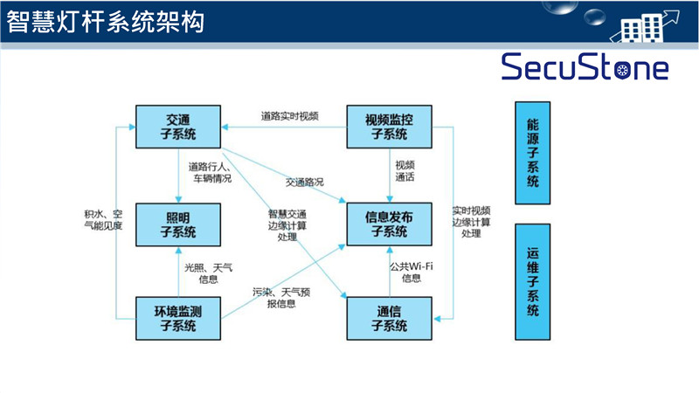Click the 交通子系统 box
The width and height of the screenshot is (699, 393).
coord(178,127)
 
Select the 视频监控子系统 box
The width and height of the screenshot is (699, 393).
coord(390,127)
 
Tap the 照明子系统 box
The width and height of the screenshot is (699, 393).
coord(178,224)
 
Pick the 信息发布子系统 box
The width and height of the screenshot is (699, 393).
coord(390,224)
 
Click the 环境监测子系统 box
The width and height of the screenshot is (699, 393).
coord(178,318)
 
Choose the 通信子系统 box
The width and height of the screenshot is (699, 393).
coord(390,318)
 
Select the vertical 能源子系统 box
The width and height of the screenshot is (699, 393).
coord(532,154)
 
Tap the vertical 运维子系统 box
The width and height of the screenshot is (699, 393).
coord(532,281)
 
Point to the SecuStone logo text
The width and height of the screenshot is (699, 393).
coord(585,66)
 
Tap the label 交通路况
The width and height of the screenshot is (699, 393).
coord(303,182)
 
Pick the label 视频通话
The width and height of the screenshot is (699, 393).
coord(405,170)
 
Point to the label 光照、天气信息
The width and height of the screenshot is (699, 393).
coord(209,272)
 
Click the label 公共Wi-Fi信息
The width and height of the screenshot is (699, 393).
coord(412,272)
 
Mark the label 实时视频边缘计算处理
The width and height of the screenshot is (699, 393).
coord(471,222)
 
